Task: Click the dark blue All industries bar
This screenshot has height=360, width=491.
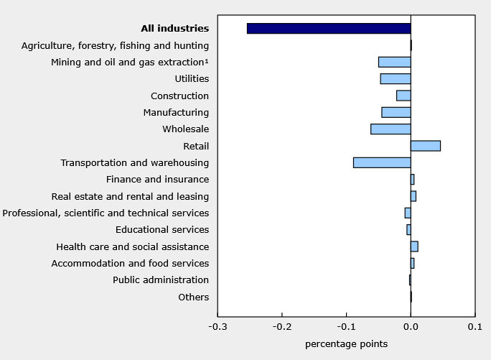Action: click(x=328, y=29)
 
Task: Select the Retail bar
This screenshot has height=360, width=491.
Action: click(x=426, y=146)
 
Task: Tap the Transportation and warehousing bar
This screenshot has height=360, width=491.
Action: click(x=382, y=162)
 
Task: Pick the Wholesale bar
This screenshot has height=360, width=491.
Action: click(x=391, y=129)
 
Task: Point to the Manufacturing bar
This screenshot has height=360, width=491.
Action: click(x=396, y=112)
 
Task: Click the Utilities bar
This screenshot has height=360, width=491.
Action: click(x=396, y=79)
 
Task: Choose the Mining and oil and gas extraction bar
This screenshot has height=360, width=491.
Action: click(x=394, y=62)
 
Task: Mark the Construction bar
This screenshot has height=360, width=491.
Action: click(x=403, y=96)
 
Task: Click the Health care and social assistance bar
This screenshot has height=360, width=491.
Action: click(x=414, y=246)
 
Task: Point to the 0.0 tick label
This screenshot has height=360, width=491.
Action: click(x=411, y=328)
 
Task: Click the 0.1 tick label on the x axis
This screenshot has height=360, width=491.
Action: click(x=475, y=328)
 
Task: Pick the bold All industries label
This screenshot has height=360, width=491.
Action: click(x=175, y=29)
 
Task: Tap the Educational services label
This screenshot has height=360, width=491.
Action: click(x=162, y=230)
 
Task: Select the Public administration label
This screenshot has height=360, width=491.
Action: click(x=161, y=280)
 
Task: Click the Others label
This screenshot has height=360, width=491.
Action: click(x=193, y=297)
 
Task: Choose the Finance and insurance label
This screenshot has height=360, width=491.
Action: click(x=157, y=180)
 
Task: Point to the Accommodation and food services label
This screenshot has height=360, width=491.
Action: click(x=130, y=264)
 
